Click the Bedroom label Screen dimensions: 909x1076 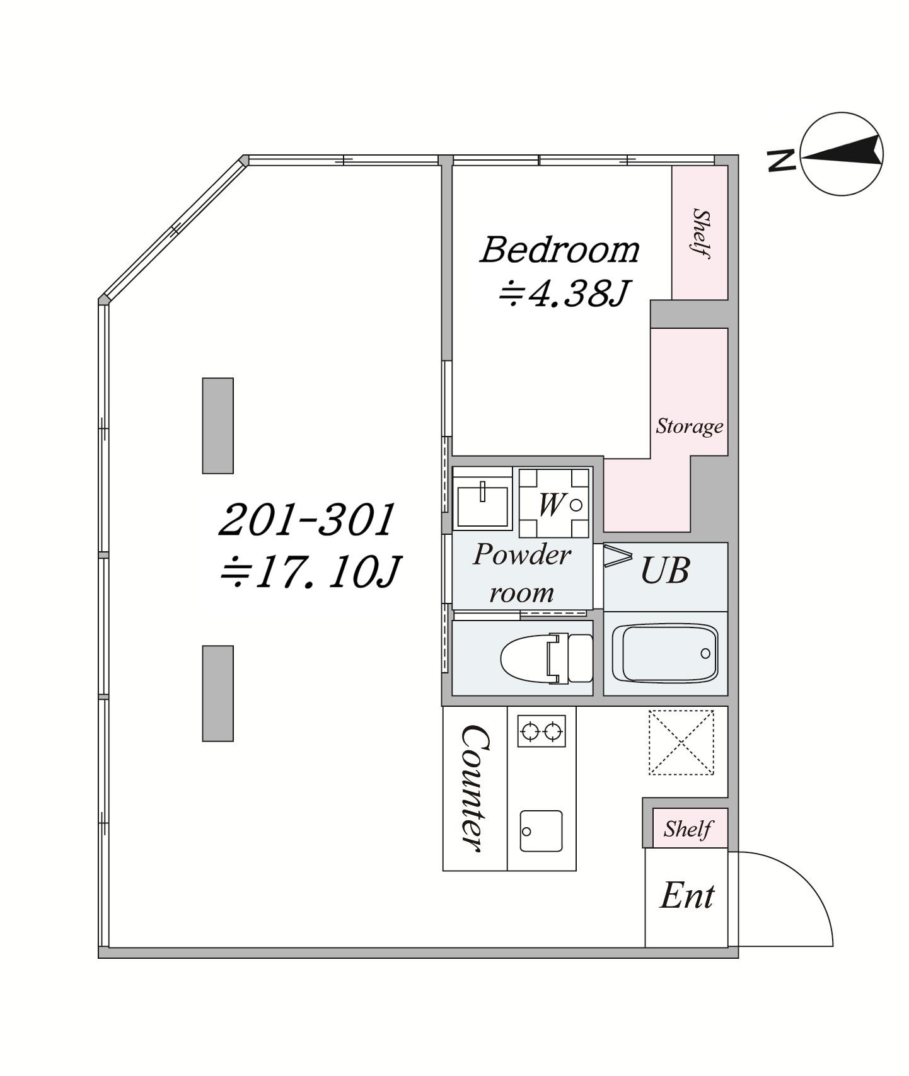[x=560, y=249]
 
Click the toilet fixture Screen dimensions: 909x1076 [x=547, y=658]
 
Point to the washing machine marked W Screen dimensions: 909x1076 [x=555, y=502]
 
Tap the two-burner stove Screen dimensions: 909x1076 [x=541, y=731]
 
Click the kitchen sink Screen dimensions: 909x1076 [x=541, y=831]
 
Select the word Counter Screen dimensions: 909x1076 [x=475, y=788]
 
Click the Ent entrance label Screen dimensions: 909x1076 [x=686, y=895]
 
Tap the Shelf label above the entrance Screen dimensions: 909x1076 [x=688, y=828]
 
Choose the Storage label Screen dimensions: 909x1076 [x=690, y=426]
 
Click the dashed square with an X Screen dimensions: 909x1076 [x=681, y=742]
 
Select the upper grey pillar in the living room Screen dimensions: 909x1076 [x=218, y=425]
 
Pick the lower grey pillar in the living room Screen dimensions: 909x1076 [x=218, y=693]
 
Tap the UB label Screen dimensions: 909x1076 [x=665, y=570]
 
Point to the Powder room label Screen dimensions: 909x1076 [x=522, y=573]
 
